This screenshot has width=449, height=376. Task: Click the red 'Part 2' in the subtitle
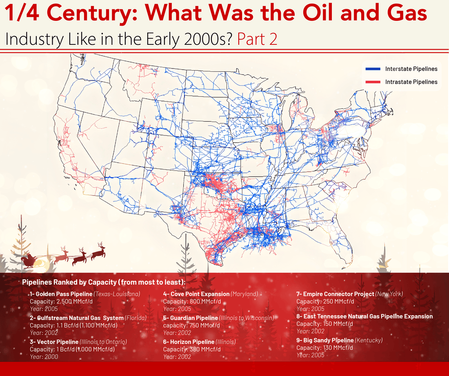[x=257, y=39]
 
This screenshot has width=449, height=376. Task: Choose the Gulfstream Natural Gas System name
[x=76, y=318]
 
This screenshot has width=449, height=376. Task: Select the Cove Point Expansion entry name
[x=196, y=294]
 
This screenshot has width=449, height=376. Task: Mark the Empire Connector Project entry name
[x=335, y=294]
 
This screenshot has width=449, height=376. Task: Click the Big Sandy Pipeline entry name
[x=325, y=340]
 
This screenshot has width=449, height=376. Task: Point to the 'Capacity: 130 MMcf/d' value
[x=325, y=347]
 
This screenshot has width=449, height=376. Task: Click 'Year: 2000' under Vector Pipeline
[x=44, y=356]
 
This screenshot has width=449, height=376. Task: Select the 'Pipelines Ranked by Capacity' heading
[x=104, y=282]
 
